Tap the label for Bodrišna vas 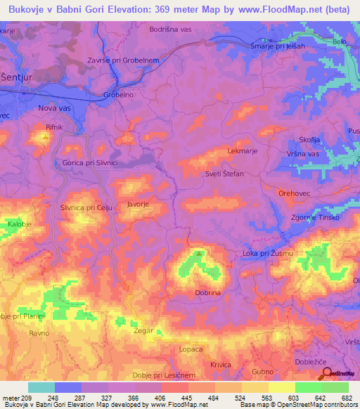pos(172,30)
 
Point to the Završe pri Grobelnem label pos(122,60)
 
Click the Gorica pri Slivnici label pos(86,162)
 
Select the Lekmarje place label pos(240,151)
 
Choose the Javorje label pos(138,204)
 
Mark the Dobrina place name pos(208,292)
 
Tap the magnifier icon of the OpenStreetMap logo pos(325,372)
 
